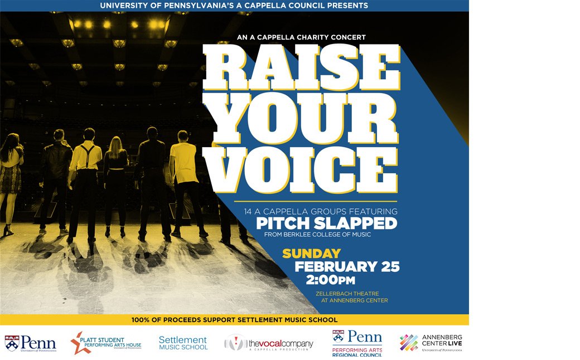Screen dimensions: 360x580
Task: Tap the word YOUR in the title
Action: point(301,114)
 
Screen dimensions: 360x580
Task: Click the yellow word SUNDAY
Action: point(311,254)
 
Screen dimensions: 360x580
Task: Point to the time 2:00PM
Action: point(330,280)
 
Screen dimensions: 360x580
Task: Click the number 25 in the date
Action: point(389,266)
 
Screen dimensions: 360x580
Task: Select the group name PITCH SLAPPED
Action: point(326,223)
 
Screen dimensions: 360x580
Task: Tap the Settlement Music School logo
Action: point(183,343)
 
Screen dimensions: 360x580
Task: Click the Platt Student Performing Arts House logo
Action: point(106,343)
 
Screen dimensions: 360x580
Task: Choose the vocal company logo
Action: point(269,343)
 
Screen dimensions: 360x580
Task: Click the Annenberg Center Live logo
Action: point(431,342)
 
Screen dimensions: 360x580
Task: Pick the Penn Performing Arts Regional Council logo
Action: point(357,343)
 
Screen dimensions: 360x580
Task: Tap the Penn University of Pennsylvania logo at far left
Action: point(31,343)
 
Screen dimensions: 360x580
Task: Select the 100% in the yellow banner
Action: point(141,320)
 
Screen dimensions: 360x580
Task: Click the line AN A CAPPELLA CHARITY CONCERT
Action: point(301,37)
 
